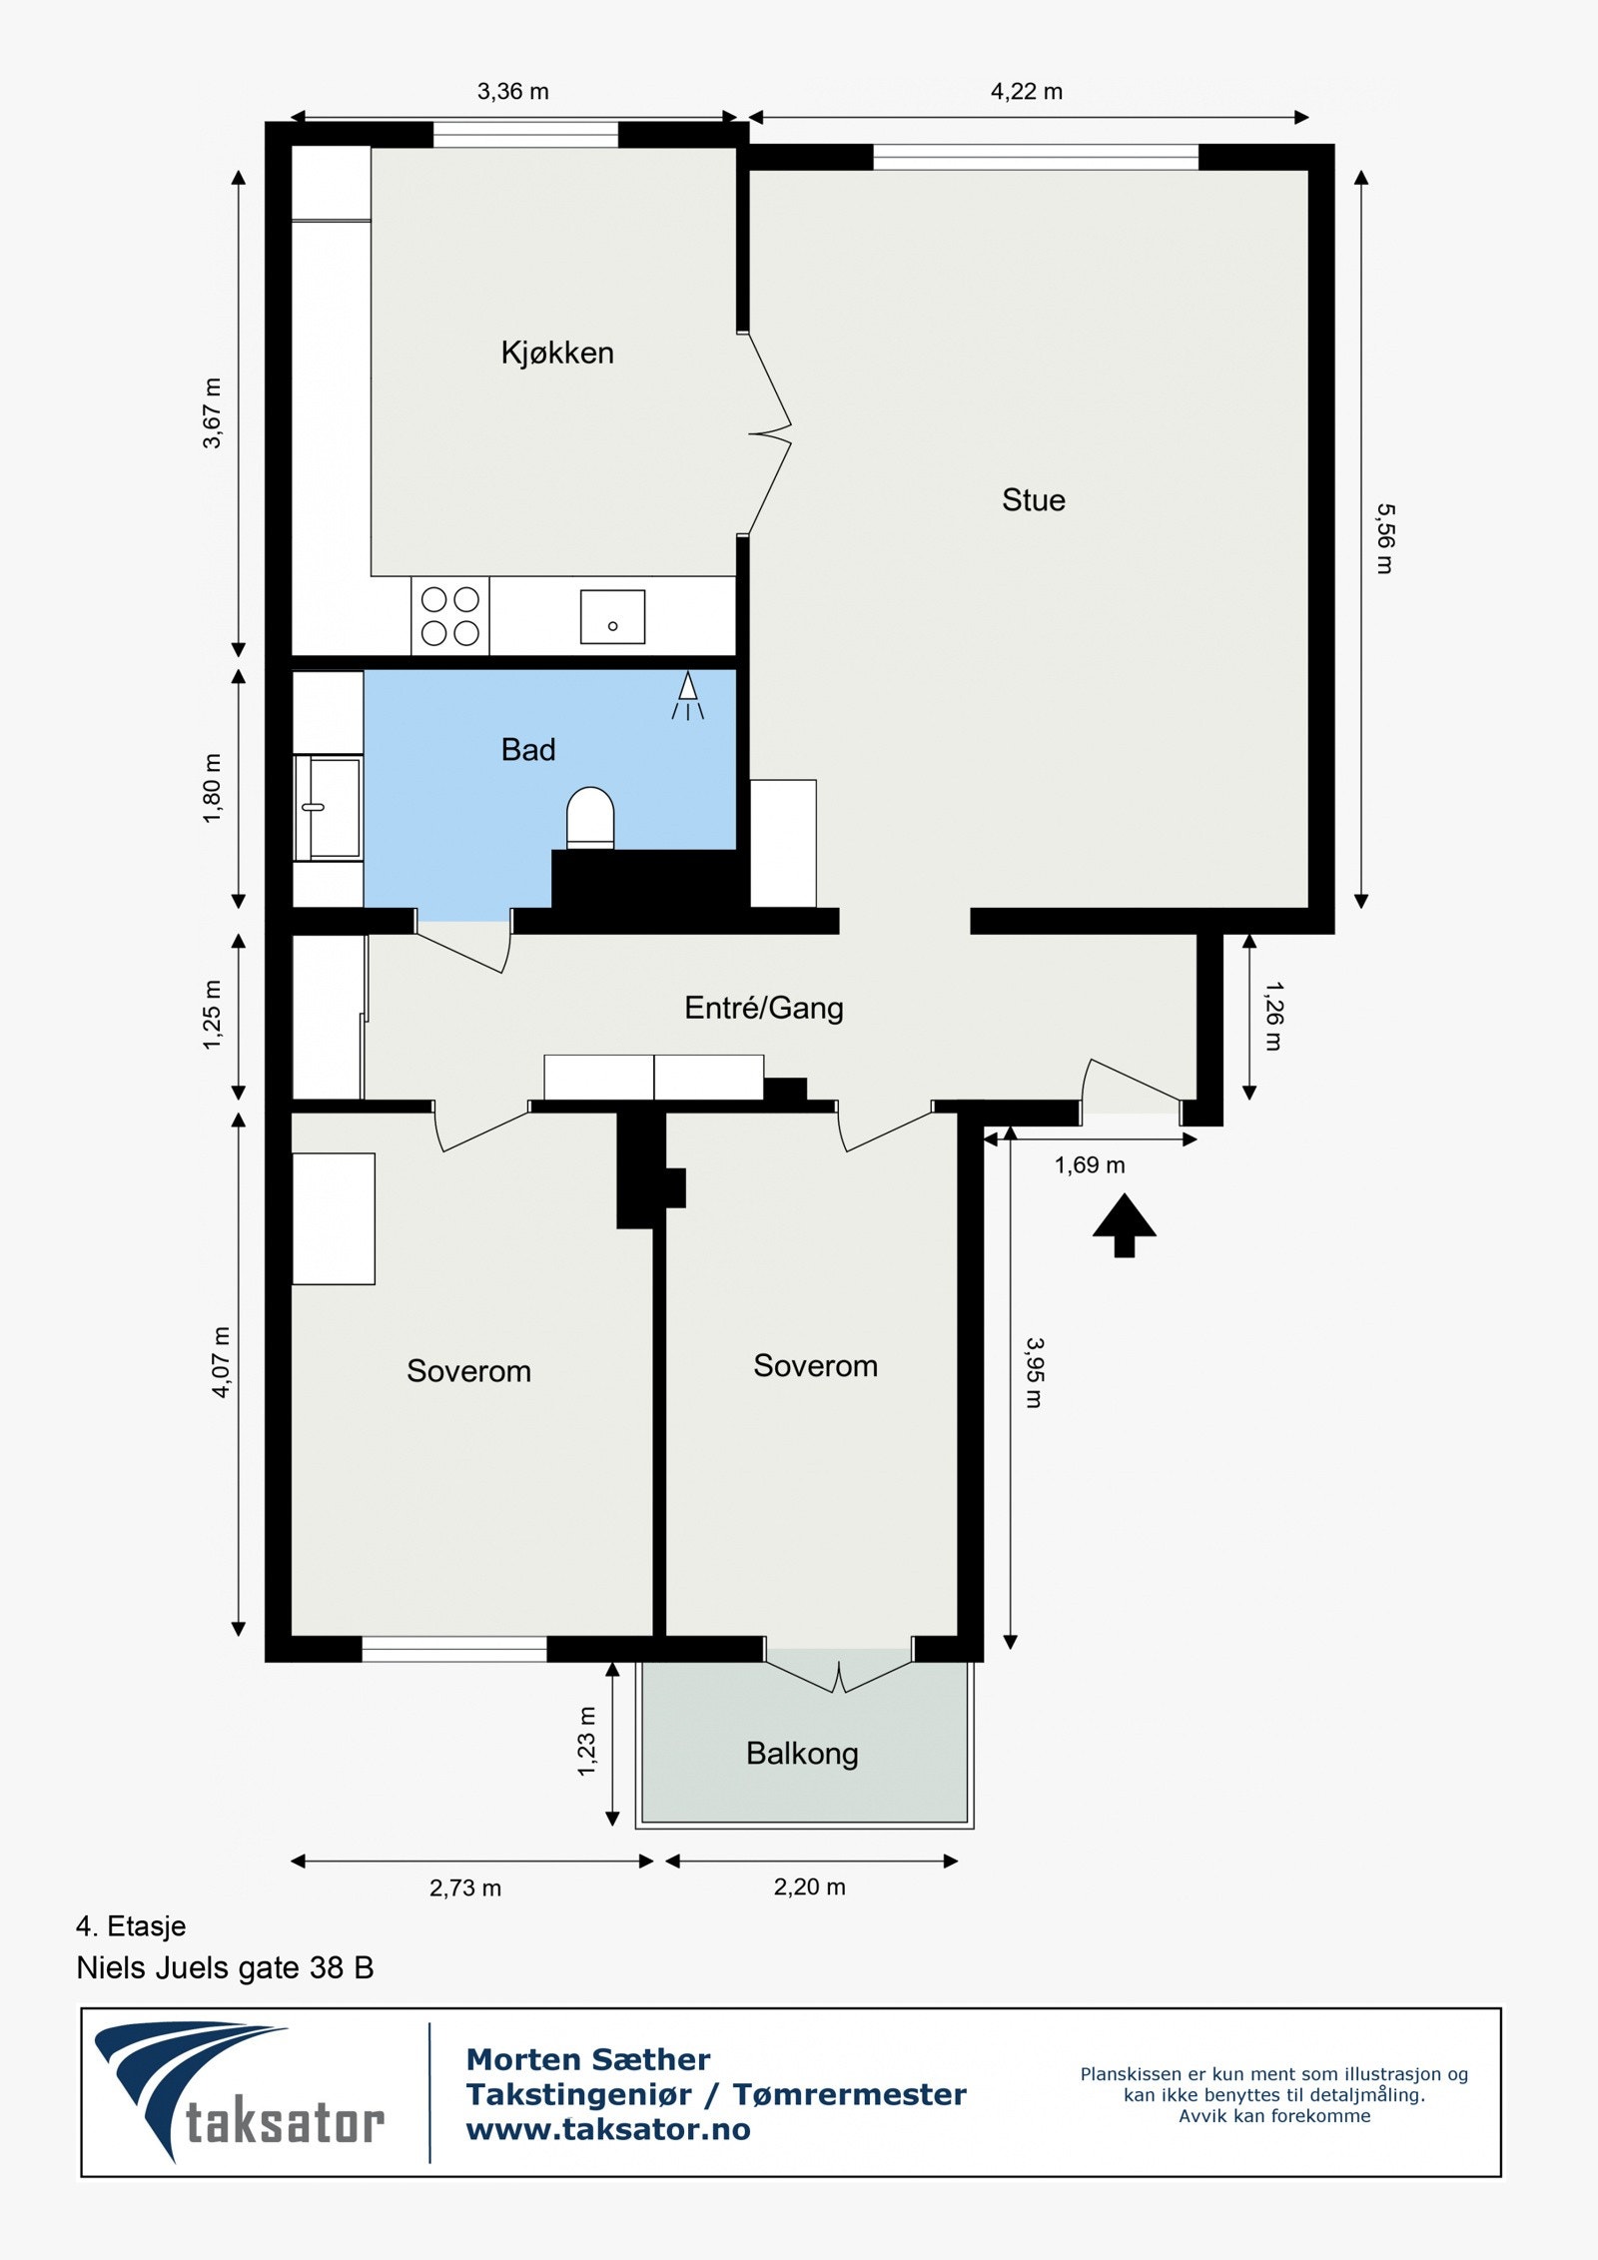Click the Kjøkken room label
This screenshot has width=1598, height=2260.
pyautogui.click(x=557, y=353)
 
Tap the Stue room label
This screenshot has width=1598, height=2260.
pyautogui.click(x=1034, y=499)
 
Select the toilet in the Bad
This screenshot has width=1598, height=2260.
pyautogui.click(x=590, y=818)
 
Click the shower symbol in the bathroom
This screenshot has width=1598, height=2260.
pyautogui.click(x=687, y=696)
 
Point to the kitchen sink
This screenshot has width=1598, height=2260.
pyautogui.click(x=612, y=616)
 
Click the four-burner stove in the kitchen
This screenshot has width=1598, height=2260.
pyautogui.click(x=450, y=615)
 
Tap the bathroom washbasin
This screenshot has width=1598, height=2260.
pyautogui.click(x=329, y=807)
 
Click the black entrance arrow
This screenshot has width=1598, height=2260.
pyautogui.click(x=1124, y=1224)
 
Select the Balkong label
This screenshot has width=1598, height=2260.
pyautogui.click(x=802, y=1754)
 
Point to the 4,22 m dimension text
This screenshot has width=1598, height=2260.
pyautogui.click(x=1026, y=92)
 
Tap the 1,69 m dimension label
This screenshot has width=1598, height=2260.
pyautogui.click(x=1090, y=1165)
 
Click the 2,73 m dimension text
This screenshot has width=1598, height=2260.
pyautogui.click(x=465, y=1888)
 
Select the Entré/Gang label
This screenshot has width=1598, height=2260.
pyautogui.click(x=764, y=1008)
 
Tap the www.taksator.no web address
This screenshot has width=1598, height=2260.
pyautogui.click(x=608, y=2130)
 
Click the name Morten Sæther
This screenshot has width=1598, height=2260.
pyautogui.click(x=588, y=2059)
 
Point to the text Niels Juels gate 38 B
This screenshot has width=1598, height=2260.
pyautogui.click(x=225, y=1968)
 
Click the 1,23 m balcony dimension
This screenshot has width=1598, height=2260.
pyautogui.click(x=586, y=1741)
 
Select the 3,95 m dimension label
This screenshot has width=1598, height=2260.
pyautogui.click(x=1034, y=1373)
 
